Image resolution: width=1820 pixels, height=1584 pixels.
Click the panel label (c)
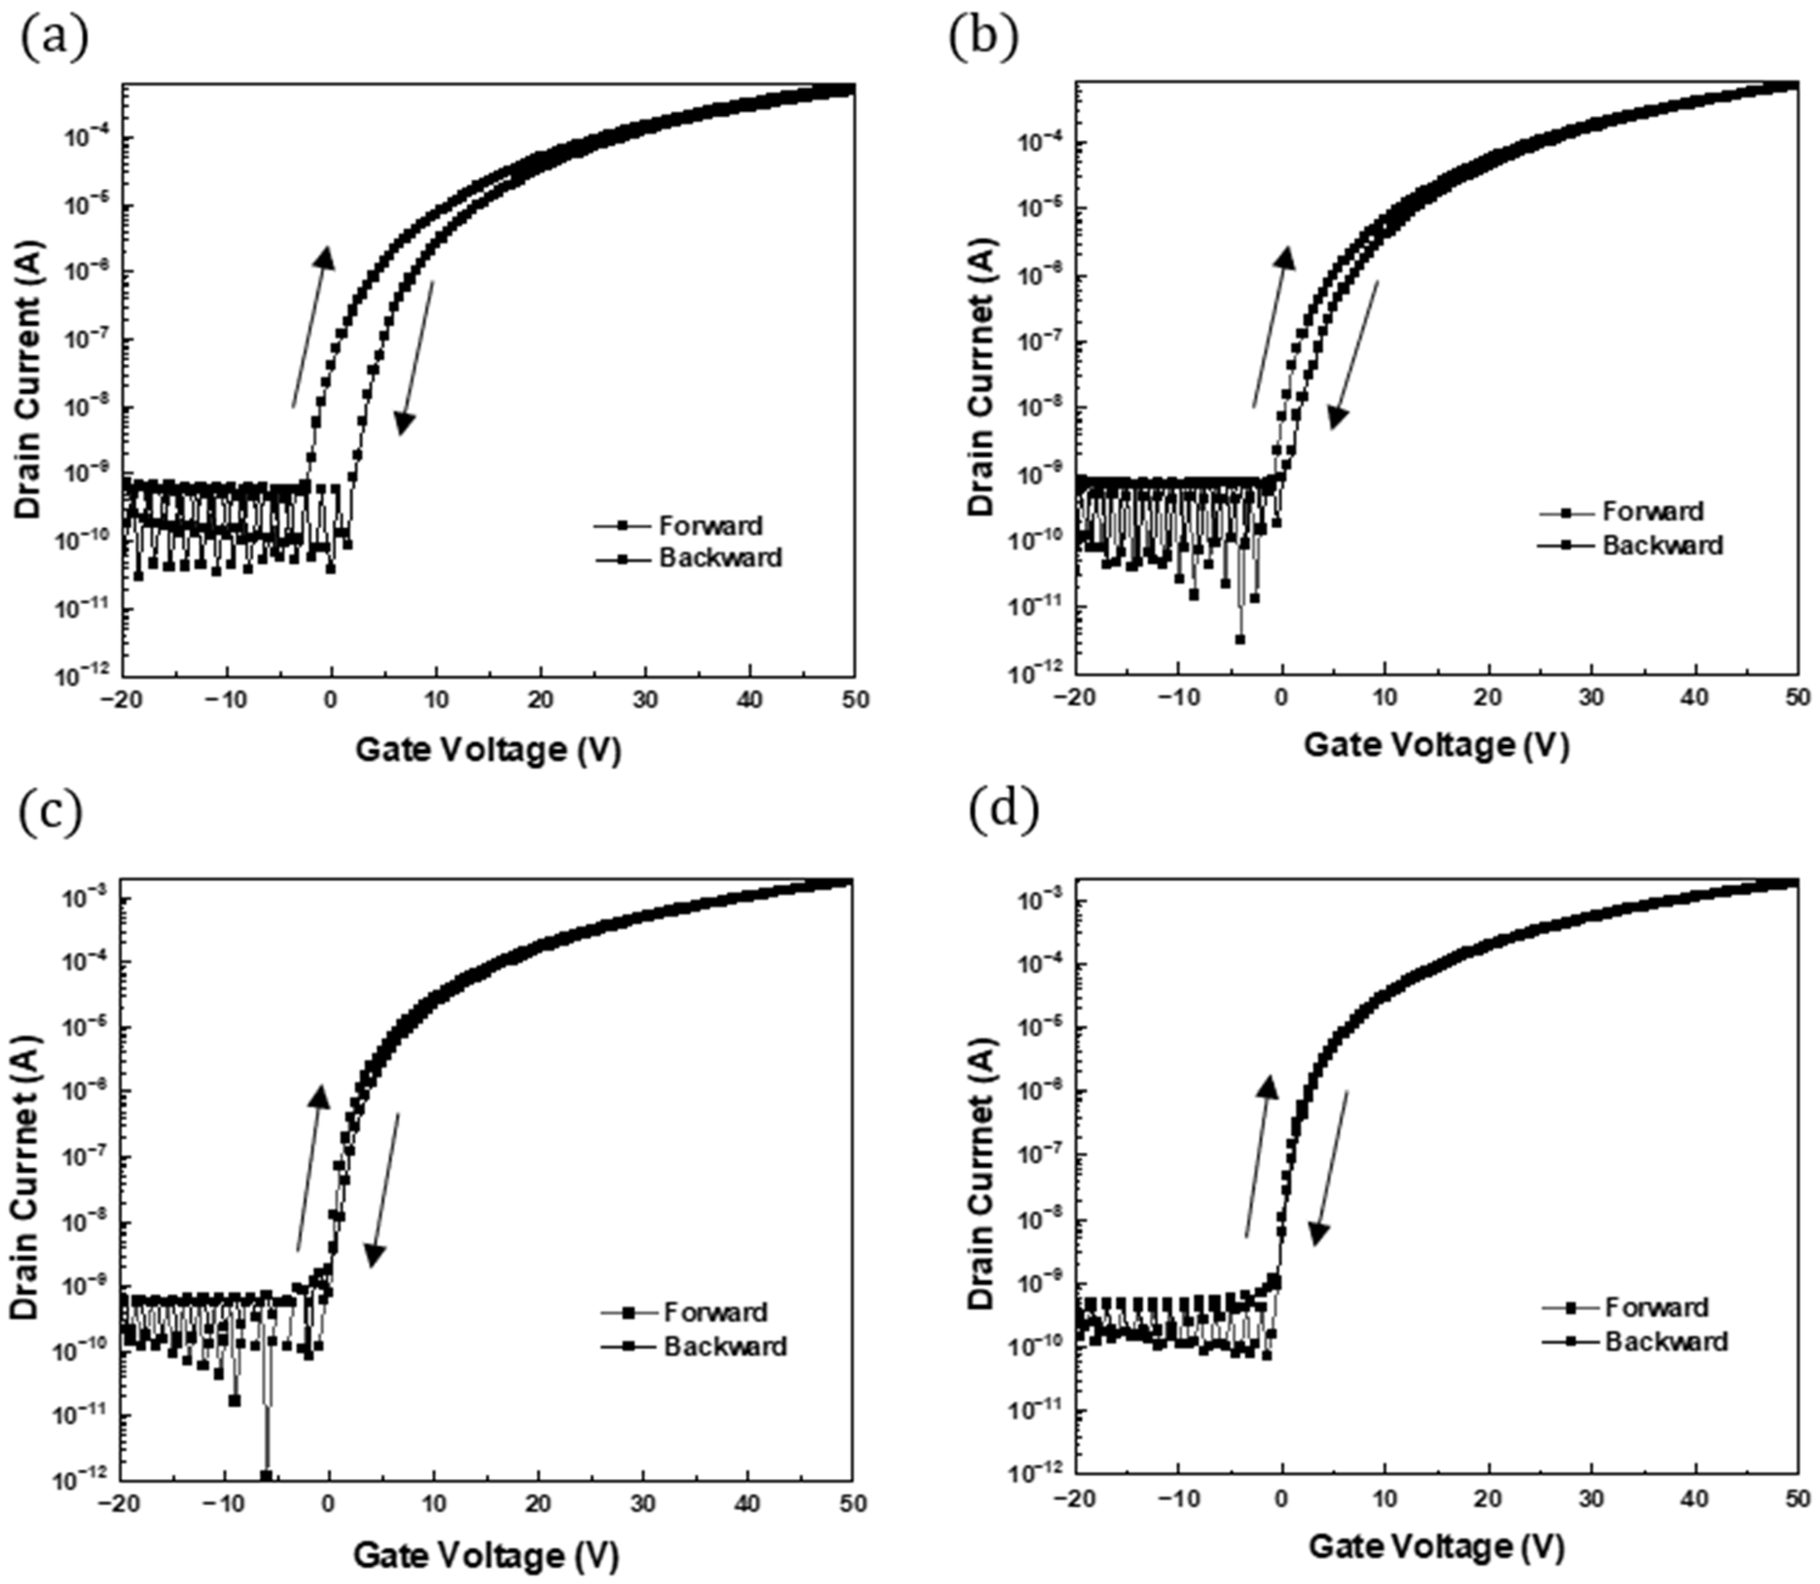51,813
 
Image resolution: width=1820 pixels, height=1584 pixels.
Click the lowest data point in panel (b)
1240,639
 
